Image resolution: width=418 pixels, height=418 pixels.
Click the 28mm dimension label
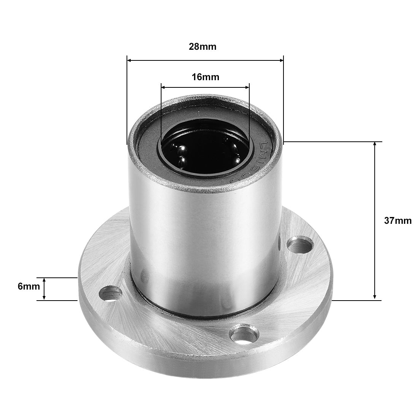(203, 47)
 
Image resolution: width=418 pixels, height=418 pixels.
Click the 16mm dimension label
(205, 77)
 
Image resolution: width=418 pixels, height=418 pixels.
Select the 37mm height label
(397, 220)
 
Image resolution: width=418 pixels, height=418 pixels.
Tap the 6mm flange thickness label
(28, 286)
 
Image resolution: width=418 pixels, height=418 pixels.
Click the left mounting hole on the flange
(111, 293)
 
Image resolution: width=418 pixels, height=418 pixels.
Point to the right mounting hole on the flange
(300, 244)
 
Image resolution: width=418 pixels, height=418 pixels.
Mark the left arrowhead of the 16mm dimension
(163, 87)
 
